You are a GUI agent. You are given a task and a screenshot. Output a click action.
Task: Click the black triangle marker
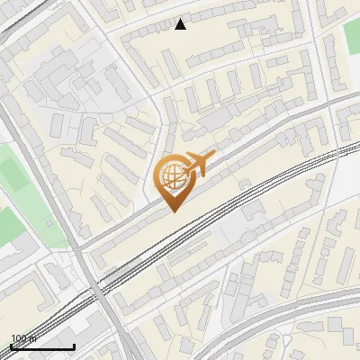point(181,24)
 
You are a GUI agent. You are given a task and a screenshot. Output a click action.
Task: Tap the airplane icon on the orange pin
point(198,164)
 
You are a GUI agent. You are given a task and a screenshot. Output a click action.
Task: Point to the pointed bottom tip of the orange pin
point(174,211)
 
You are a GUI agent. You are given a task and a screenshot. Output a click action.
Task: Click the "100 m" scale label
point(23,338)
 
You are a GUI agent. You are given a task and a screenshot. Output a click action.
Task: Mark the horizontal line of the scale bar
point(42,346)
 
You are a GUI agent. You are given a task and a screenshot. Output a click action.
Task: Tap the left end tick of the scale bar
point(11,345)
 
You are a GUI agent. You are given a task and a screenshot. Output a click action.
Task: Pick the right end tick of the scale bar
point(74,345)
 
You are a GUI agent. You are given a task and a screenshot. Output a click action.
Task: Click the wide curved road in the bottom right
point(297,310)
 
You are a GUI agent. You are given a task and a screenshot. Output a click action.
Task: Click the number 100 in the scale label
point(19,338)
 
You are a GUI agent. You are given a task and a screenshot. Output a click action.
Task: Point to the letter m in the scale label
point(32,338)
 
